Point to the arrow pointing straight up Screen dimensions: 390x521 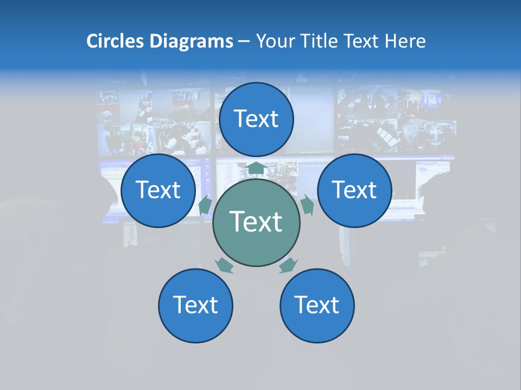256,169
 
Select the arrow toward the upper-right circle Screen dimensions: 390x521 307,205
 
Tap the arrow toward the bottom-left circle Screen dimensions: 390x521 224,265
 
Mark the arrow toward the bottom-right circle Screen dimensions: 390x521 288,265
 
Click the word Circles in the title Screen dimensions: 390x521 116,41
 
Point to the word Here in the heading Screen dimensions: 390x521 406,41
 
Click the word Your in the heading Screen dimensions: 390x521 276,41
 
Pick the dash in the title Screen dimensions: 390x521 244,42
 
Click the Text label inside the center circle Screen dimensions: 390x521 256,222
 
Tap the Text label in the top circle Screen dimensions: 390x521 256,119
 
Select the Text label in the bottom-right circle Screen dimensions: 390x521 317,305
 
